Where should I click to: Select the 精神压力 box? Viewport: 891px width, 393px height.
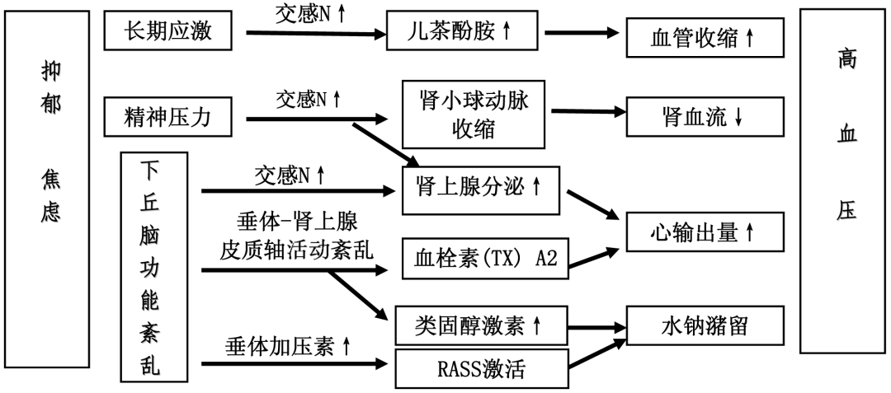[x=167, y=117]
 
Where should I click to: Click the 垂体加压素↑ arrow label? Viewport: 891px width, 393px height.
[x=288, y=346]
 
